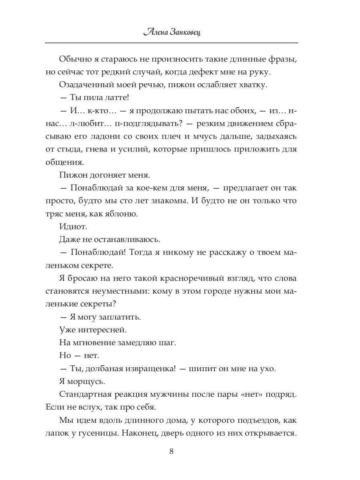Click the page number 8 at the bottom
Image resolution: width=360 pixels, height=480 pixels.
[x=172, y=452]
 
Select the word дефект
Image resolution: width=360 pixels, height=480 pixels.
[x=219, y=72]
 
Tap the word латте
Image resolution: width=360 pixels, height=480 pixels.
[x=106, y=98]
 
